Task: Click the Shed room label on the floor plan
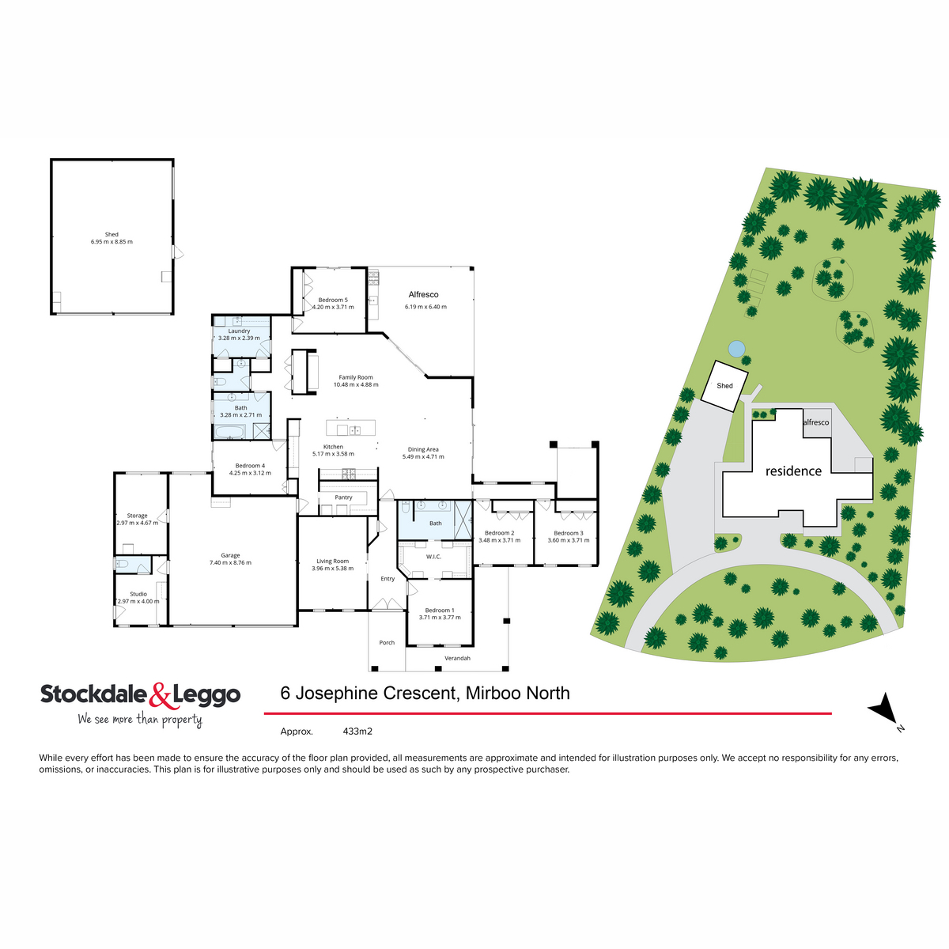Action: [x=112, y=234]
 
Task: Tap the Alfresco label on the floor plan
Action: [x=423, y=294]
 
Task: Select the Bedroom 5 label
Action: [x=333, y=300]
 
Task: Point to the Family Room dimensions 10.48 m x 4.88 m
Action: [x=356, y=385]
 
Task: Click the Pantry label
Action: [x=343, y=497]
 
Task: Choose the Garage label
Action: [x=230, y=555]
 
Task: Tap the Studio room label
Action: [x=138, y=594]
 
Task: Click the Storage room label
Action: [x=138, y=516]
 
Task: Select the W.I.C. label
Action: [x=433, y=557]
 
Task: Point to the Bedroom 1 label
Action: [x=440, y=611]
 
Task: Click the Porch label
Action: [x=387, y=643]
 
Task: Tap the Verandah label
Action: [x=457, y=658]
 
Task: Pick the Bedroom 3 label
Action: [x=569, y=533]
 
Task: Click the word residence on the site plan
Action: [x=793, y=471]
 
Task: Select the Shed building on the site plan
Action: [x=725, y=386]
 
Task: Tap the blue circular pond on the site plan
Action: [x=736, y=348]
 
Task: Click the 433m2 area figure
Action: [x=357, y=732]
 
